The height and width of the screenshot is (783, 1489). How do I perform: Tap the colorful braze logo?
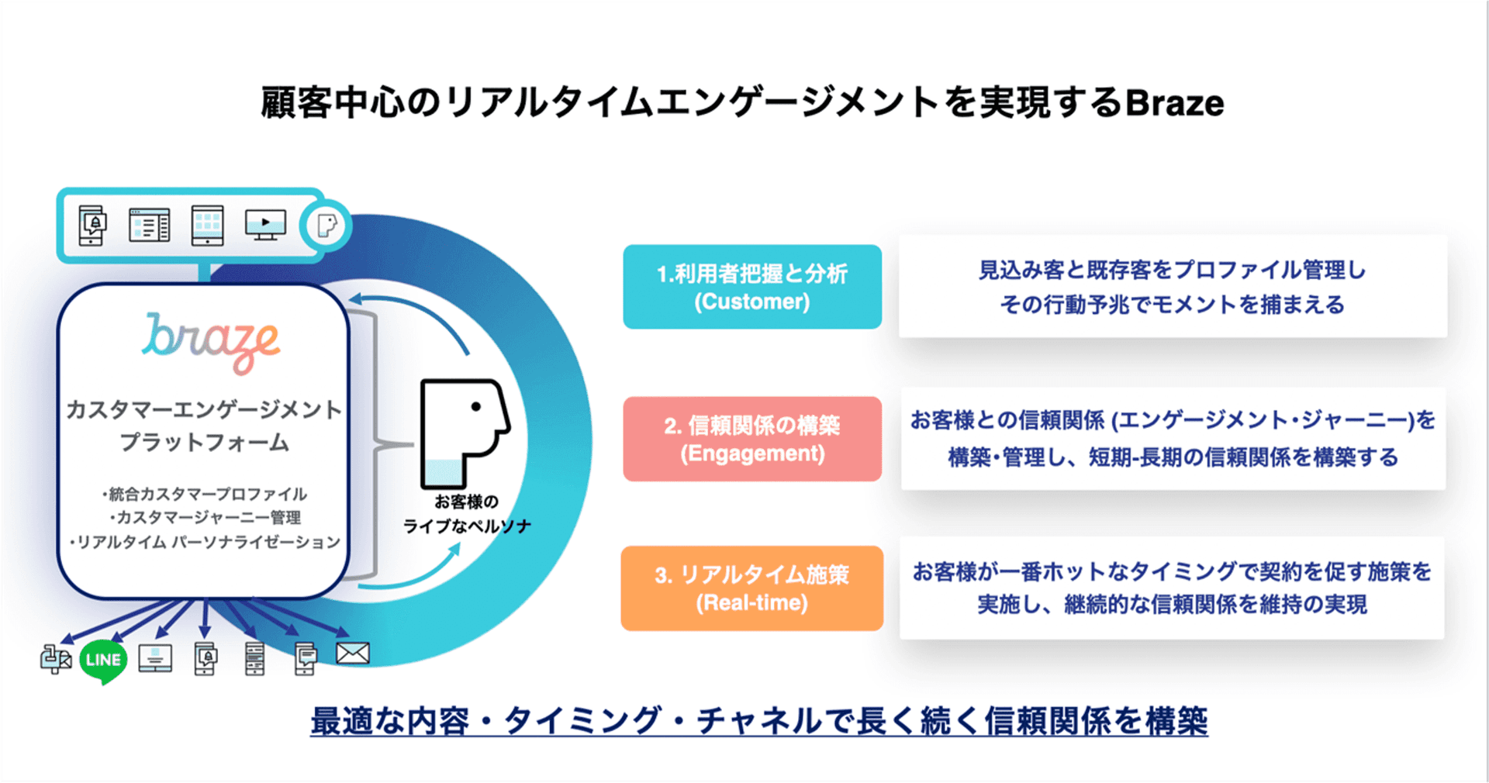coord(210,342)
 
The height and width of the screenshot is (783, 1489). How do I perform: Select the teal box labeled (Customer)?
coord(751,287)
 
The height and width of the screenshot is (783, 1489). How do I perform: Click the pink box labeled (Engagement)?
coord(751,439)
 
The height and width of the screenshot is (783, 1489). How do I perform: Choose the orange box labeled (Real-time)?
coord(751,588)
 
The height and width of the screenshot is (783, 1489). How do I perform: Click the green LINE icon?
coord(103,661)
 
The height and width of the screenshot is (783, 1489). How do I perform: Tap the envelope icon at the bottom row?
coord(352,654)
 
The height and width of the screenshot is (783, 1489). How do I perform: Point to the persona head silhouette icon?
coord(463,430)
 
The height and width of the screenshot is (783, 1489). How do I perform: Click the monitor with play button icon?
coord(265,225)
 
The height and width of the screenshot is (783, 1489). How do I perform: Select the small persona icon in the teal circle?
coord(326,226)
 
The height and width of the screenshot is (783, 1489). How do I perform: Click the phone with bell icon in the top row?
coord(92,225)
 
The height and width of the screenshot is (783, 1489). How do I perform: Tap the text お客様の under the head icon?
coord(466,502)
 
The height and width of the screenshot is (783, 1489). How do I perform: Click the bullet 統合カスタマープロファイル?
coord(206,494)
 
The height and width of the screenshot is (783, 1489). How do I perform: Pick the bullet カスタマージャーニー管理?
coord(206,517)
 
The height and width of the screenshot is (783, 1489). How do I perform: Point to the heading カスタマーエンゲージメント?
coord(203,409)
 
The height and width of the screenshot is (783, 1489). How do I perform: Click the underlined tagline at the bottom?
coord(758,721)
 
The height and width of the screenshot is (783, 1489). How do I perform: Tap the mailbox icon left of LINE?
coord(55,659)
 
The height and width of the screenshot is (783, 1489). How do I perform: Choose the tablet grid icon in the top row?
coord(207,225)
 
